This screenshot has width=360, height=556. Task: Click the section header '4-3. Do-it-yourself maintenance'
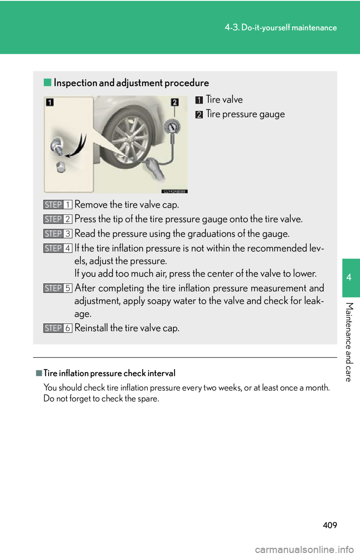click(x=281, y=28)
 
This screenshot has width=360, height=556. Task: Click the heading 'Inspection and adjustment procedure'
click(x=131, y=83)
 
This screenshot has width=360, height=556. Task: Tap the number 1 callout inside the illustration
click(x=50, y=102)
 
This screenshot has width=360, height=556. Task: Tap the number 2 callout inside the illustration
click(x=175, y=102)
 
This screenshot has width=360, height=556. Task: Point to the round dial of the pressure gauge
click(x=172, y=128)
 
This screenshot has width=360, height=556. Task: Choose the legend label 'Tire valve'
click(x=224, y=100)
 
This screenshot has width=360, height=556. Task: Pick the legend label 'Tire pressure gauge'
click(x=245, y=114)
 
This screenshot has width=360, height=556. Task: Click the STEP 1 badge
click(x=58, y=205)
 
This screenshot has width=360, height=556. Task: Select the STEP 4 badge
click(x=58, y=248)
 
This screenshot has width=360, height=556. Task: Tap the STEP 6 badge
click(x=58, y=328)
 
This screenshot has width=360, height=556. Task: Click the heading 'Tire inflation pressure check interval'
click(x=109, y=373)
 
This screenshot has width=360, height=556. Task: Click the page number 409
click(x=330, y=525)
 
